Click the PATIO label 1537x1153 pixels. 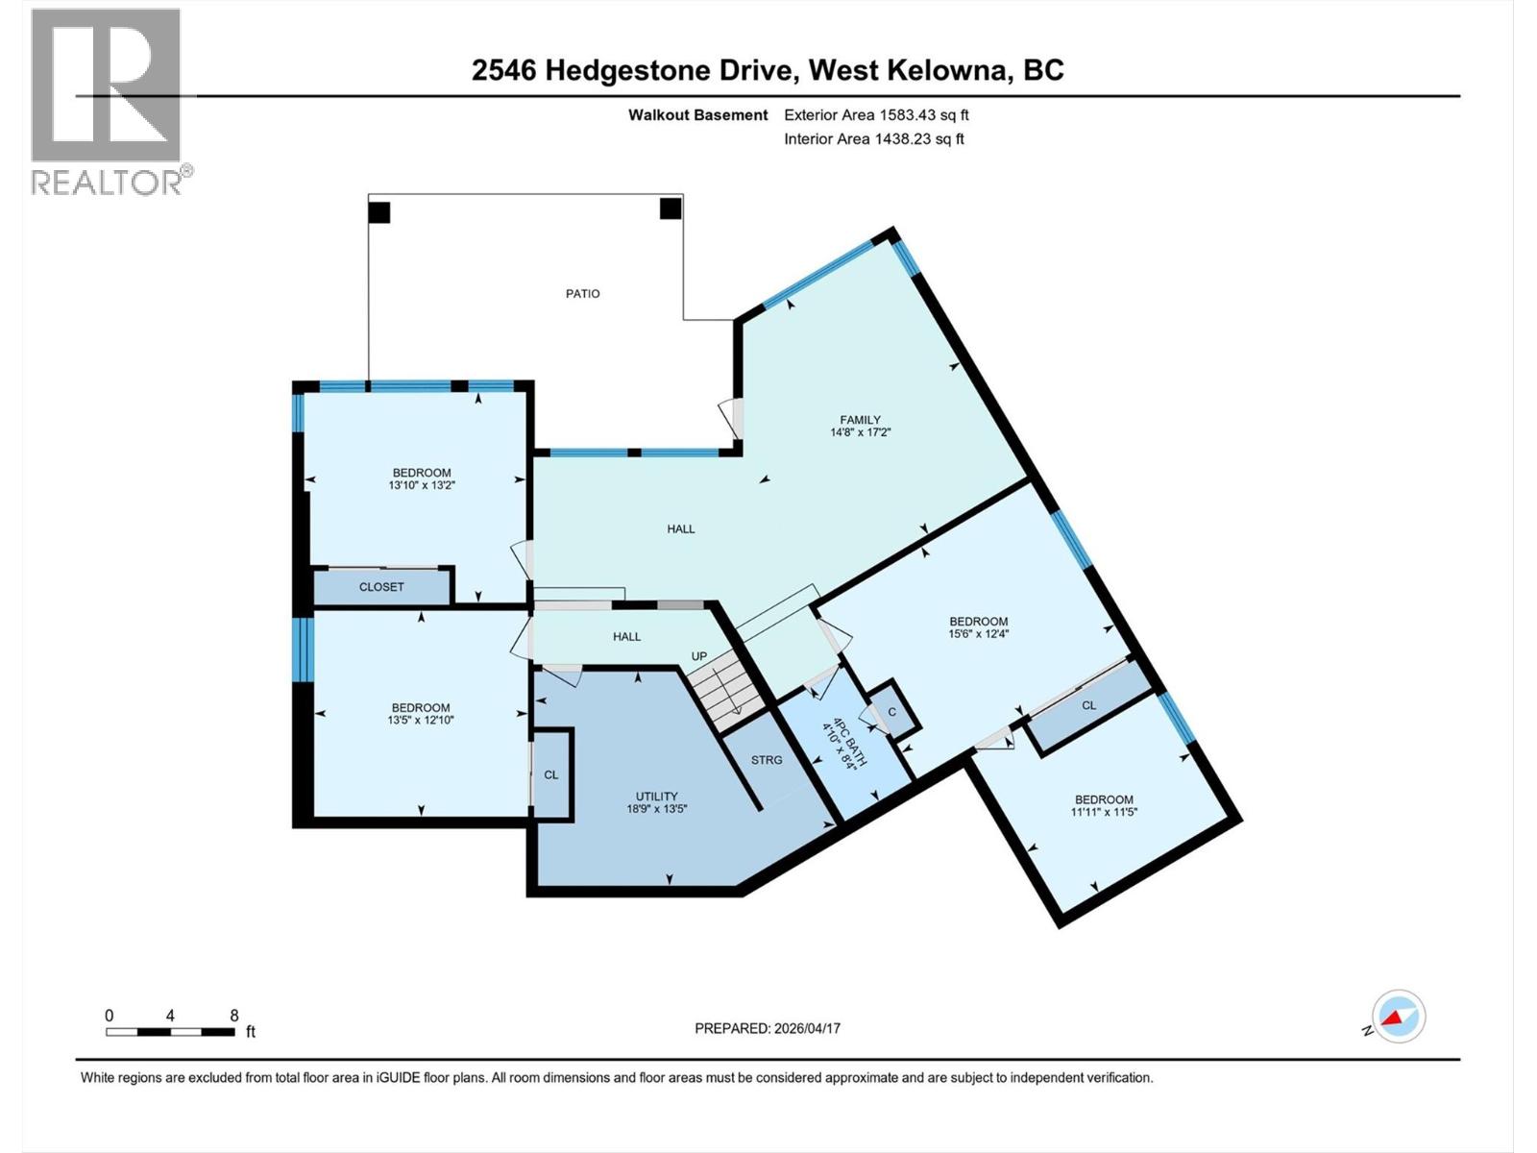coord(582,294)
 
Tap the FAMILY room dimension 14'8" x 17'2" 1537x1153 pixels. coord(860,432)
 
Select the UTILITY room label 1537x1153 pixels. coord(656,796)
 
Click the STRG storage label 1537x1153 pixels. coord(767,760)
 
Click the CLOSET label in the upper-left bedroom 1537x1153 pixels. coord(381,587)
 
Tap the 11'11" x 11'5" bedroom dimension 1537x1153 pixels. coord(1104,812)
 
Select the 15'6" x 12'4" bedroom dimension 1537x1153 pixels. coord(978,634)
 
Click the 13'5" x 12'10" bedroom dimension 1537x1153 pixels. coord(421,720)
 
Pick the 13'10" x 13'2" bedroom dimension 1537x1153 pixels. coord(421,485)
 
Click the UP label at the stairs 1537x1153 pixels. coord(699,656)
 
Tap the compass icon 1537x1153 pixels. coord(1399,1017)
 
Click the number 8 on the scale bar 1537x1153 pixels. coord(233,1016)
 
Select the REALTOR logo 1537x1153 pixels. coord(107,101)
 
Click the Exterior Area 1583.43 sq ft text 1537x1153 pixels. coord(876,115)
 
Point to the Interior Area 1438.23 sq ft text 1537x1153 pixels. coord(873,139)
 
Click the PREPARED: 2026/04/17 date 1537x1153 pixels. coord(768,1028)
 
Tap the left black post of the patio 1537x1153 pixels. coord(379,212)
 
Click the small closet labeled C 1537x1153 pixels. coord(892,712)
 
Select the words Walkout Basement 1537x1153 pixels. coord(697,115)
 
